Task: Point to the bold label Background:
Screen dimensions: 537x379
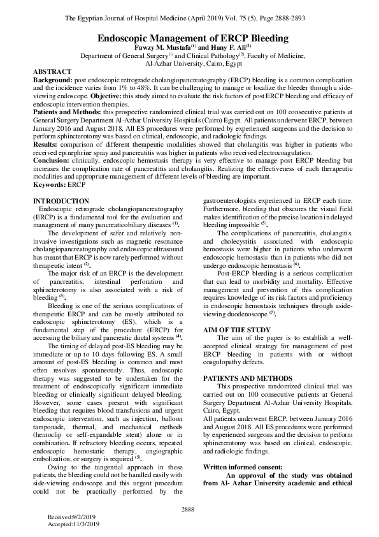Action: pyautogui.click(x=53, y=83)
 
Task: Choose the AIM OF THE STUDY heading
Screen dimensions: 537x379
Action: pyautogui.click(x=236, y=329)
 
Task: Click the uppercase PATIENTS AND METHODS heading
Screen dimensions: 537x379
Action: pyautogui.click(x=248, y=378)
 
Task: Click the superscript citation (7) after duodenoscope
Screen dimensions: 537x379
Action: pyautogui.click(x=272, y=313)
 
